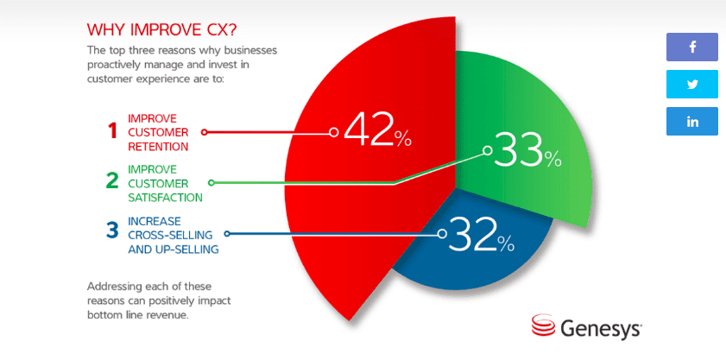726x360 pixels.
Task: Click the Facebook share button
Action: pyautogui.click(x=692, y=47)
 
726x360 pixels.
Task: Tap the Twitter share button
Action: pyautogui.click(x=692, y=85)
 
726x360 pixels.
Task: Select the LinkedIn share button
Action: pyautogui.click(x=692, y=122)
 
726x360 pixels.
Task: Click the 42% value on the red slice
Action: pyautogui.click(x=377, y=131)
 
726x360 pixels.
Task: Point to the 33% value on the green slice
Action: pyautogui.click(x=527, y=150)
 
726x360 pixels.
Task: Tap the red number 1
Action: pyautogui.click(x=113, y=132)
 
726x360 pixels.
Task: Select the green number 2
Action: pyautogui.click(x=112, y=181)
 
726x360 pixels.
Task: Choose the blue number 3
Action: pyautogui.click(x=112, y=231)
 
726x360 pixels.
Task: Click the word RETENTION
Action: pyautogui.click(x=158, y=147)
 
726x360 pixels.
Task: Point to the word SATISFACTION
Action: pyautogui.click(x=165, y=198)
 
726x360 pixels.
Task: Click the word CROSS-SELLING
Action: pyautogui.click(x=170, y=235)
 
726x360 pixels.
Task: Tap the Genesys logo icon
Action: pyautogui.click(x=544, y=325)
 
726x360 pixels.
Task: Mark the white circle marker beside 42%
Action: pyautogui.click(x=334, y=132)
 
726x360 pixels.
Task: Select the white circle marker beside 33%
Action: pyautogui.click(x=487, y=150)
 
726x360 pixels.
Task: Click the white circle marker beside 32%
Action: pyautogui.click(x=442, y=234)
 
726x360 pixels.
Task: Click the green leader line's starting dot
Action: pyautogui.click(x=211, y=182)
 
